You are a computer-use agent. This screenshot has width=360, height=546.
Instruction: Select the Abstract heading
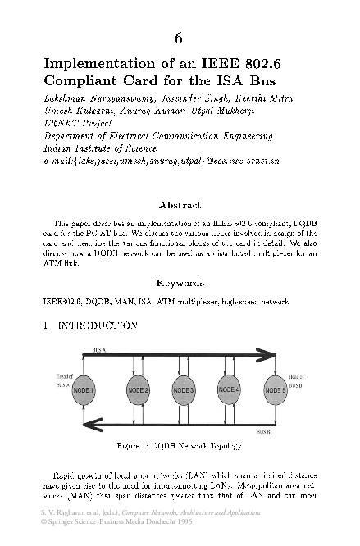(180, 206)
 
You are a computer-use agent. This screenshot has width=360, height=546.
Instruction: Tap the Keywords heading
(180, 284)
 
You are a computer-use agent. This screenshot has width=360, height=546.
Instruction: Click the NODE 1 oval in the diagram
(84, 389)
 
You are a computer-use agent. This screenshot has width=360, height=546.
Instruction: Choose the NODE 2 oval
(137, 389)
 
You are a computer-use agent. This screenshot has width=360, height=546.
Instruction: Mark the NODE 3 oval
(183, 389)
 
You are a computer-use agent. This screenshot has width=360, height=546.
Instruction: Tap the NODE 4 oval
(229, 389)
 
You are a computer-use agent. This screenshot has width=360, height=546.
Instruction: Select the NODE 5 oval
(275, 389)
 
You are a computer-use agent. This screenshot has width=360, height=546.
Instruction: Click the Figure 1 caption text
(180, 446)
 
